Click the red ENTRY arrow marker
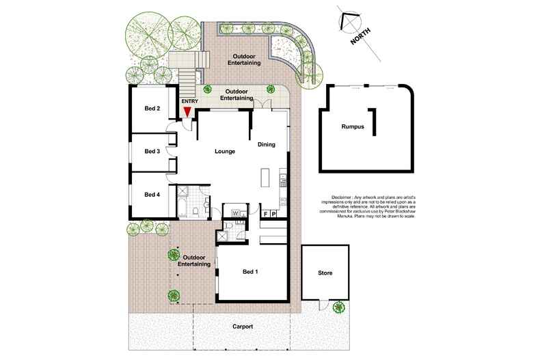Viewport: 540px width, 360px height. point(187,112)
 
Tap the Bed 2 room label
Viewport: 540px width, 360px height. point(152,109)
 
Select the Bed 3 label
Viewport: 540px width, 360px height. point(152,152)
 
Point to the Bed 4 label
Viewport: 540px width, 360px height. point(152,194)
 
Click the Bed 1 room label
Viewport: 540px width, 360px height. point(250,272)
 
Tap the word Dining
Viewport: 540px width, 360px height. point(267,144)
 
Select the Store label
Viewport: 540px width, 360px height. point(325,273)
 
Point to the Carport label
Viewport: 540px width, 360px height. point(241,327)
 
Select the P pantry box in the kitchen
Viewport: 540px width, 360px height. point(274,214)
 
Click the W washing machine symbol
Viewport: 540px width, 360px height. point(236,214)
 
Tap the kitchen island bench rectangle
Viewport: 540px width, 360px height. point(265,180)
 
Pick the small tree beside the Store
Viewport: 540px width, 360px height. point(338,307)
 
